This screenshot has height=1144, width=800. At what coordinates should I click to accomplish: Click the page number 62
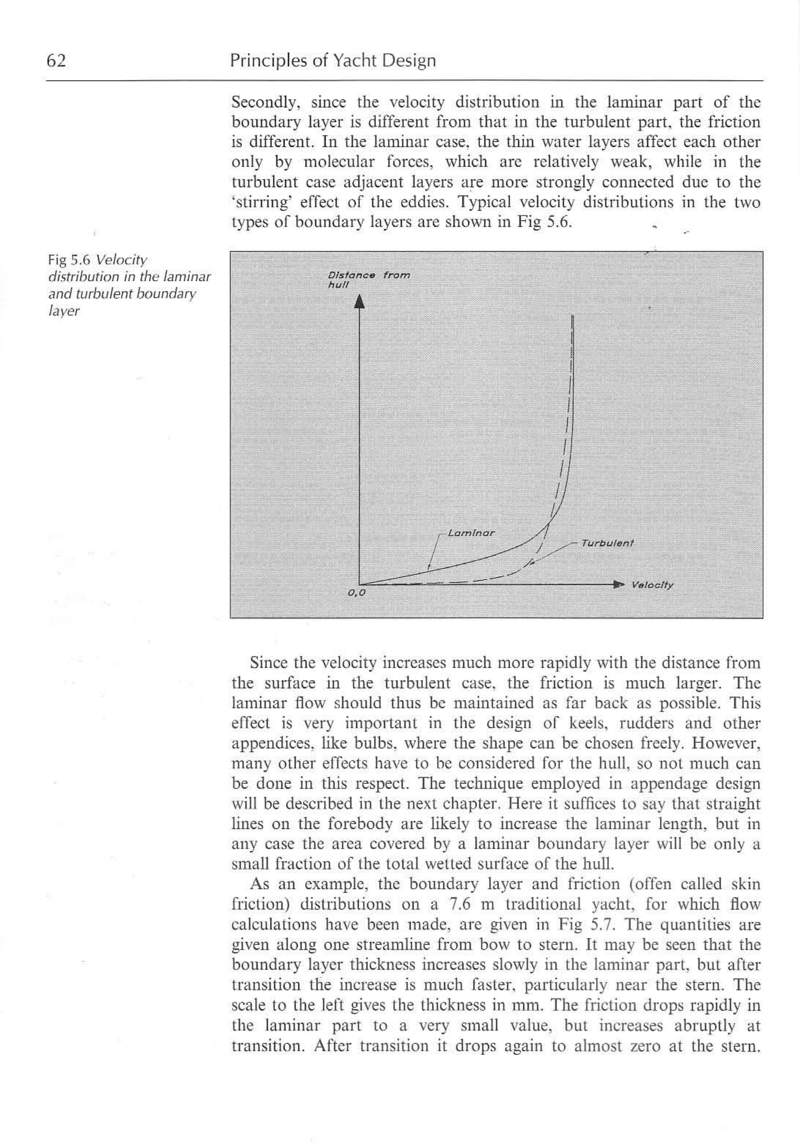tap(56, 61)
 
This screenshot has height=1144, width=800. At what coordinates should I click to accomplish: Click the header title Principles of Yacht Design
tap(333, 61)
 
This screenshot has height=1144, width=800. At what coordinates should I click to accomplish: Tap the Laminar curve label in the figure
tap(471, 533)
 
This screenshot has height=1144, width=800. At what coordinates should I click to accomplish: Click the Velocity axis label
tap(652, 585)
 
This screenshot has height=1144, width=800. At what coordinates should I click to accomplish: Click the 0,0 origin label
tap(357, 593)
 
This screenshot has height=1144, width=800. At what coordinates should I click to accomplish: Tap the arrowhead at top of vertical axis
tap(359, 302)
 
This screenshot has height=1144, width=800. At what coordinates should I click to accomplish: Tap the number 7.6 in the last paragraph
tap(457, 904)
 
